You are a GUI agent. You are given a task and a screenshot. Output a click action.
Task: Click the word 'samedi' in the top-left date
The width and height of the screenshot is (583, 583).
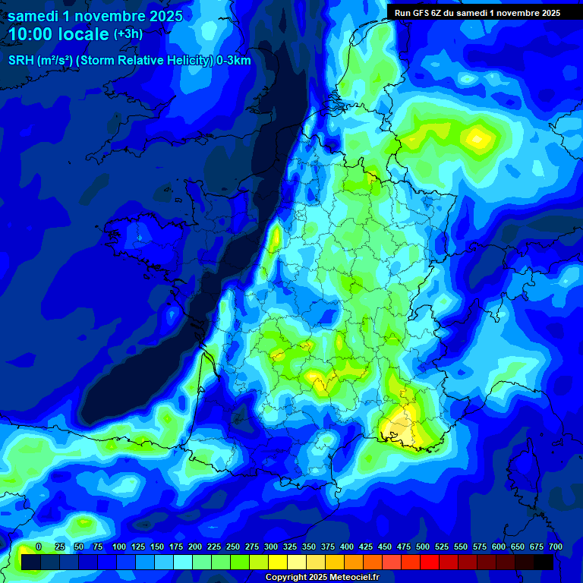coord(33,15)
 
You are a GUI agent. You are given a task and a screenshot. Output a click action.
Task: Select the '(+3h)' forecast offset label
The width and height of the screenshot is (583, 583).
coord(128,34)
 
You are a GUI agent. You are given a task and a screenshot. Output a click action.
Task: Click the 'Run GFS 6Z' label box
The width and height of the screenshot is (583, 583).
coord(477,12)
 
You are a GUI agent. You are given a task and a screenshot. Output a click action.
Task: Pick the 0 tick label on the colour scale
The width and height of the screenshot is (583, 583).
coord(39,547)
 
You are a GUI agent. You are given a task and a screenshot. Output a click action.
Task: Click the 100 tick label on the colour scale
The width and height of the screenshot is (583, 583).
coord(119,547)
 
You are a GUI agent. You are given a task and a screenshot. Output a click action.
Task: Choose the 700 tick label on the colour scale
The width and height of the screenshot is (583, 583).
coord(555,547)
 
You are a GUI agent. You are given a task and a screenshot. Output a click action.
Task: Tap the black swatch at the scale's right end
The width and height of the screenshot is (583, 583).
coord(543,562)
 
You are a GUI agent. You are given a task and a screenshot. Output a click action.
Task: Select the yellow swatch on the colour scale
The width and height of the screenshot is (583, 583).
coord(277,562)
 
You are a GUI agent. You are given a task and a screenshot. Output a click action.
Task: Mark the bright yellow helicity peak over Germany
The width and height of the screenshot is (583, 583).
coord(478,137)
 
